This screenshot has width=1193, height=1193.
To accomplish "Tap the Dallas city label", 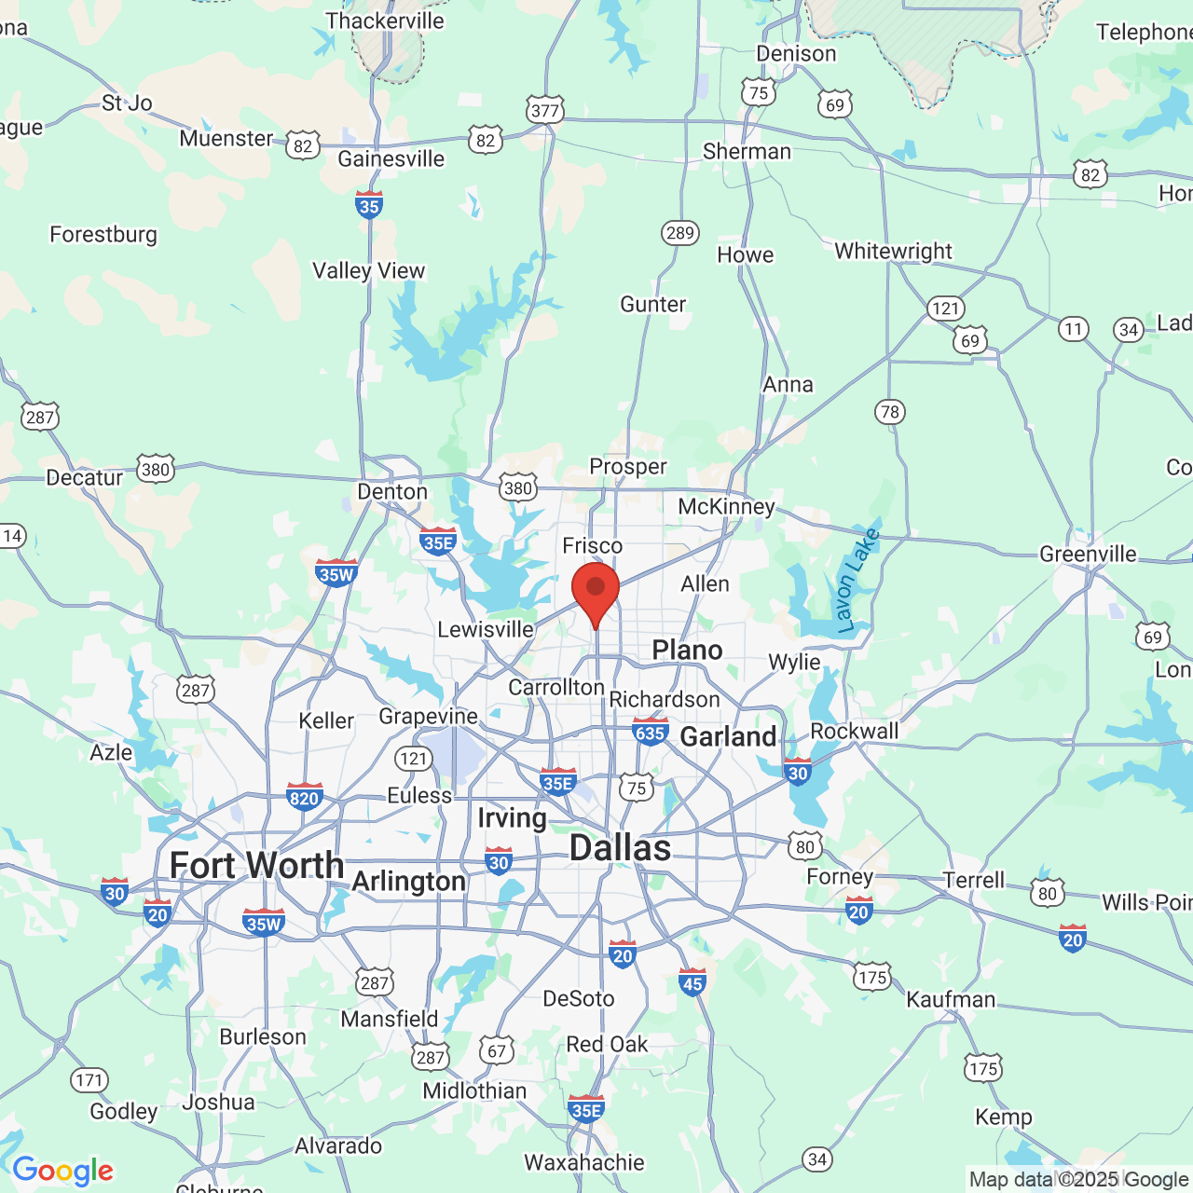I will pyautogui.click(x=620, y=848).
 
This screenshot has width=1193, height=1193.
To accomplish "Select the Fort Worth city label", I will pyautogui.click(x=256, y=866).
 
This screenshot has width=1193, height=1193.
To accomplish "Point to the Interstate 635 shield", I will pyautogui.click(x=650, y=732).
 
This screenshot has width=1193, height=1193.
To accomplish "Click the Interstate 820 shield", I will pyautogui.click(x=305, y=797).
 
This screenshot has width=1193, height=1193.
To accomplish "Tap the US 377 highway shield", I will pyautogui.click(x=544, y=110).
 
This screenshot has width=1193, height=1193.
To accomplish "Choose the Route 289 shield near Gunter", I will pyautogui.click(x=680, y=232).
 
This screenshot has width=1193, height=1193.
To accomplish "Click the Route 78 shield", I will pyautogui.click(x=890, y=411).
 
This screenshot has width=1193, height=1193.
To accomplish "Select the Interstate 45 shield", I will pyautogui.click(x=692, y=982).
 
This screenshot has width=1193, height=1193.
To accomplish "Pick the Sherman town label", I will pyautogui.click(x=747, y=151).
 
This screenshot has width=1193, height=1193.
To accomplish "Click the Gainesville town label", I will pyautogui.click(x=391, y=158).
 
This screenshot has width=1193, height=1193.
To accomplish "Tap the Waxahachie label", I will pyautogui.click(x=584, y=1162).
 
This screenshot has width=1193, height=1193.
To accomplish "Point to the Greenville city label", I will pyautogui.click(x=1088, y=555).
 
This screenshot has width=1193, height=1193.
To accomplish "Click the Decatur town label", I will pyautogui.click(x=85, y=477).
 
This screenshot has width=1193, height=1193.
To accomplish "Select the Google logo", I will pyautogui.click(x=62, y=1171).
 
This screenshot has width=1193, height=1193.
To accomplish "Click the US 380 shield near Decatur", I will pyautogui.click(x=156, y=469).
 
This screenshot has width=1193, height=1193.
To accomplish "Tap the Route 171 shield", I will pyautogui.click(x=89, y=1080).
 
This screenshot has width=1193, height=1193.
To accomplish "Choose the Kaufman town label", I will pyautogui.click(x=951, y=1000).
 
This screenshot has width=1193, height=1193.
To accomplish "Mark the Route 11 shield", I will pyautogui.click(x=1074, y=328).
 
